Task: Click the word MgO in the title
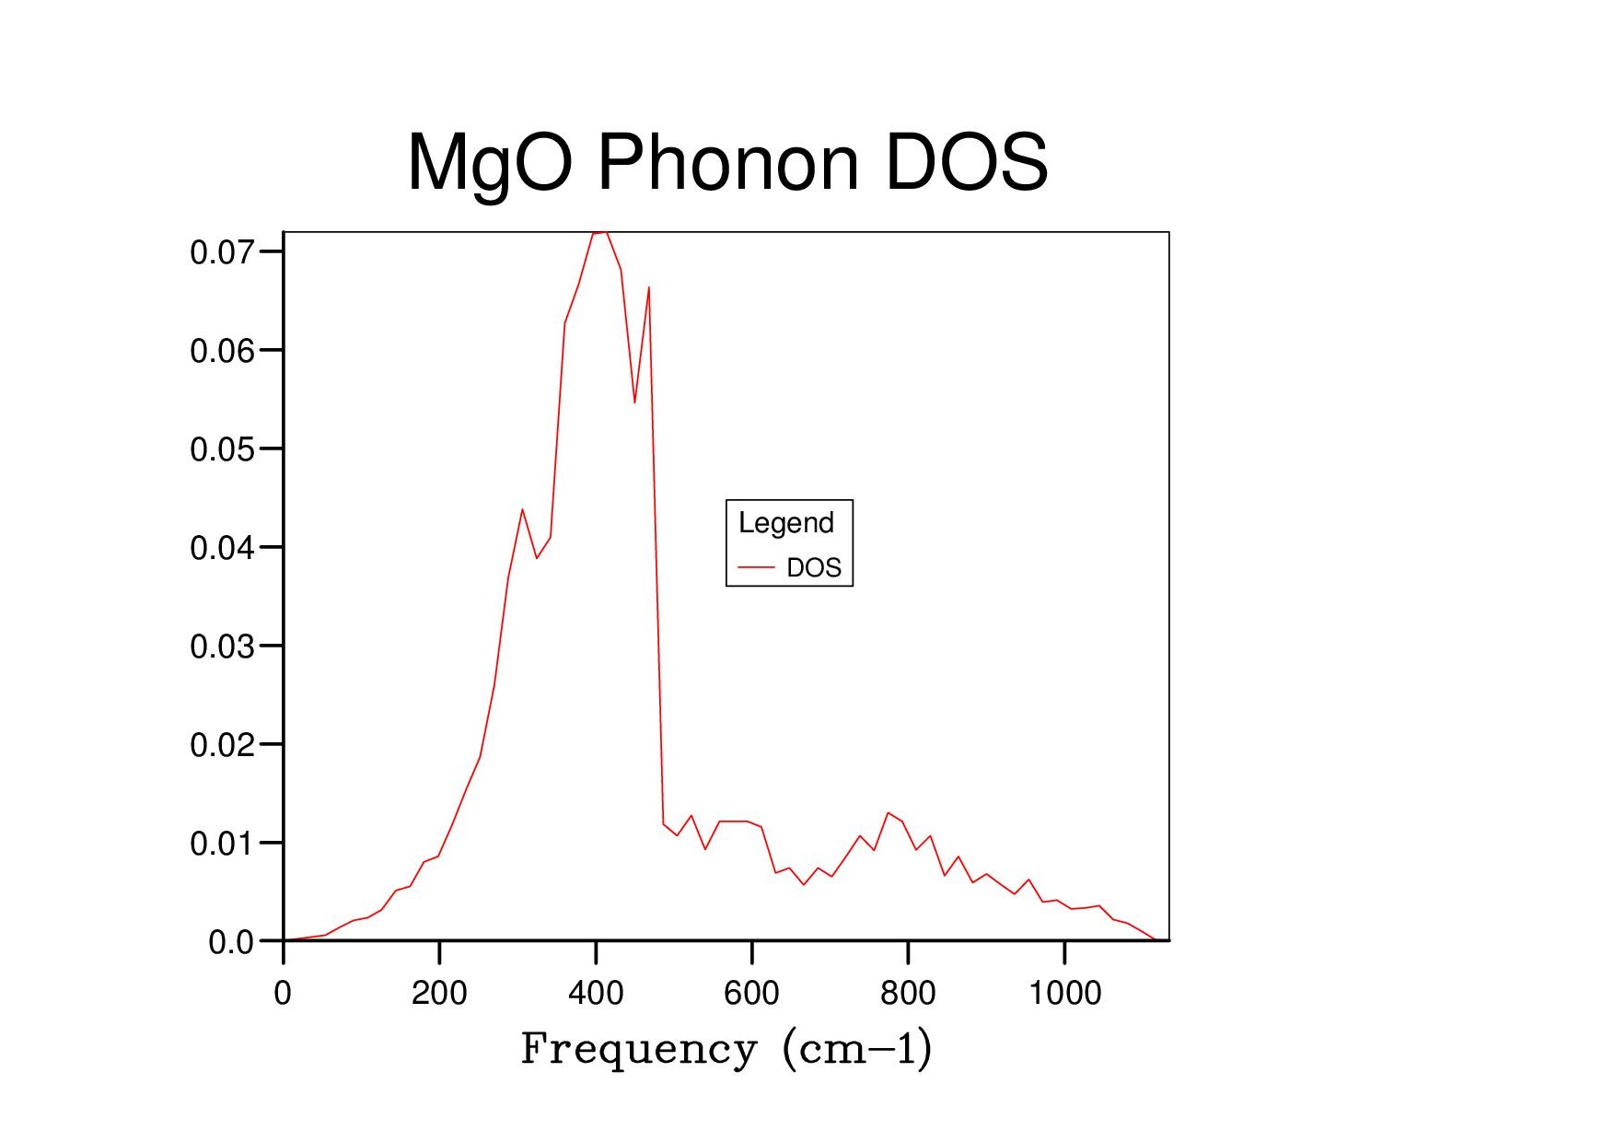pyautogui.click(x=490, y=164)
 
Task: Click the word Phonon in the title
pyautogui.click(x=727, y=162)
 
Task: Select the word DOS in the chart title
pyautogui.click(x=966, y=162)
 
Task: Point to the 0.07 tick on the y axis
pyautogui.click(x=222, y=252)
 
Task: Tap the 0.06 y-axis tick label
pyautogui.click(x=222, y=351)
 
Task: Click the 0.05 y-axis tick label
pyautogui.click(x=222, y=449)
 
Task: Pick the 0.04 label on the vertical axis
pyautogui.click(x=222, y=548)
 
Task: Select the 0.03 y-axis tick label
pyautogui.click(x=222, y=647)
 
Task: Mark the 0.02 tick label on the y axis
pyautogui.click(x=222, y=745)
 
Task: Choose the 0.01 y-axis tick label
pyautogui.click(x=222, y=844)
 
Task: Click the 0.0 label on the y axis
pyautogui.click(x=231, y=942)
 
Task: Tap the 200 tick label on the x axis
pyautogui.click(x=439, y=993)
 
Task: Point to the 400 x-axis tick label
pyautogui.click(x=596, y=993)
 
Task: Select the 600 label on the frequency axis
pyautogui.click(x=751, y=993)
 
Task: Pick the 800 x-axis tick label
pyautogui.click(x=908, y=993)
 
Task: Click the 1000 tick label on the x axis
pyautogui.click(x=1064, y=993)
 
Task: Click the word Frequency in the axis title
pyautogui.click(x=639, y=1049)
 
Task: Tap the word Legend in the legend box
pyautogui.click(x=786, y=523)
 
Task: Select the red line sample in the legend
pyautogui.click(x=757, y=567)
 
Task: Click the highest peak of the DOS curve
pyautogui.click(x=600, y=233)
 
